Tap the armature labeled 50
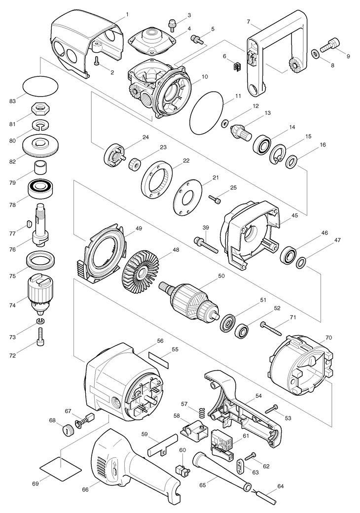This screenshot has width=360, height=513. pos(189,300)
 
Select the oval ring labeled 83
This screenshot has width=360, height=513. pos(40,86)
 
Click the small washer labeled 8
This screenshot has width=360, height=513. pos(315,53)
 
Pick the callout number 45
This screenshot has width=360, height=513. pos(294,215)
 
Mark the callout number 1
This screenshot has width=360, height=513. pos(127,14)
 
